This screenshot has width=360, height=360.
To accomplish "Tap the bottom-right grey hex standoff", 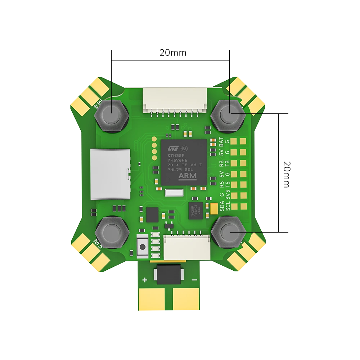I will click(228, 232).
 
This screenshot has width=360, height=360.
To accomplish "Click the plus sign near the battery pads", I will click(145, 280).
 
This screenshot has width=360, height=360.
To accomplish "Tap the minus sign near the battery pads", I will click(194, 280).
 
